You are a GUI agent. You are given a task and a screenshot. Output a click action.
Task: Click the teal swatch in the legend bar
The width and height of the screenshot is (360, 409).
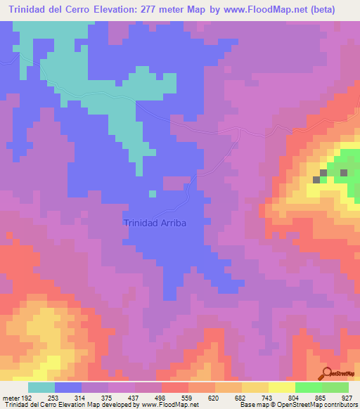point(41,387)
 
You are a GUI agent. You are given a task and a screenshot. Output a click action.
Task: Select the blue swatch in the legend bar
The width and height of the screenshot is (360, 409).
point(68,387)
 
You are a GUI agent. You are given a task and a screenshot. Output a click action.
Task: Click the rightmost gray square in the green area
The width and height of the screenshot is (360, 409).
point(344,172)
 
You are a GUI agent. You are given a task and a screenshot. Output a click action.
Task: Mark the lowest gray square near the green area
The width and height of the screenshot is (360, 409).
point(316,180)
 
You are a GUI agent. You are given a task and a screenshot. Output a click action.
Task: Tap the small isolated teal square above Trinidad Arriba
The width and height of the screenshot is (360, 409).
point(152,193)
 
